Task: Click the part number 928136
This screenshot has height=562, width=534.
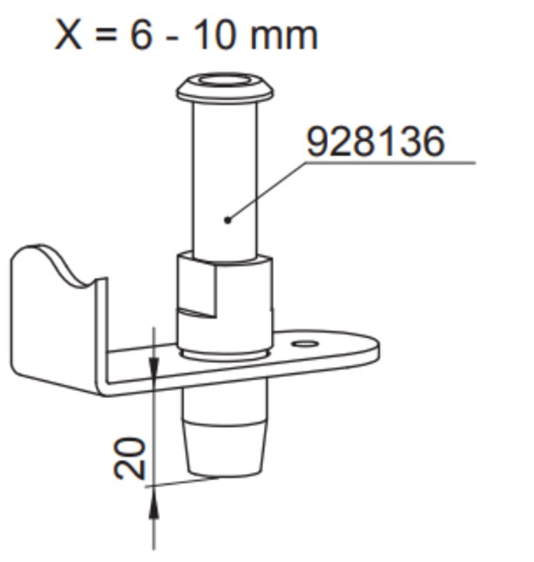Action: (376, 140)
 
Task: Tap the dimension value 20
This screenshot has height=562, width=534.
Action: (130, 458)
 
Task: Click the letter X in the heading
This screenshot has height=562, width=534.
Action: (69, 35)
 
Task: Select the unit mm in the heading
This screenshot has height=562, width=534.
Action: (284, 37)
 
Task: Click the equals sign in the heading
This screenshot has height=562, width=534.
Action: (106, 35)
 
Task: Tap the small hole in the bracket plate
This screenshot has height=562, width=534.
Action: (305, 344)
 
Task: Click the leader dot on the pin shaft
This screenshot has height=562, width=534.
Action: (228, 219)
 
